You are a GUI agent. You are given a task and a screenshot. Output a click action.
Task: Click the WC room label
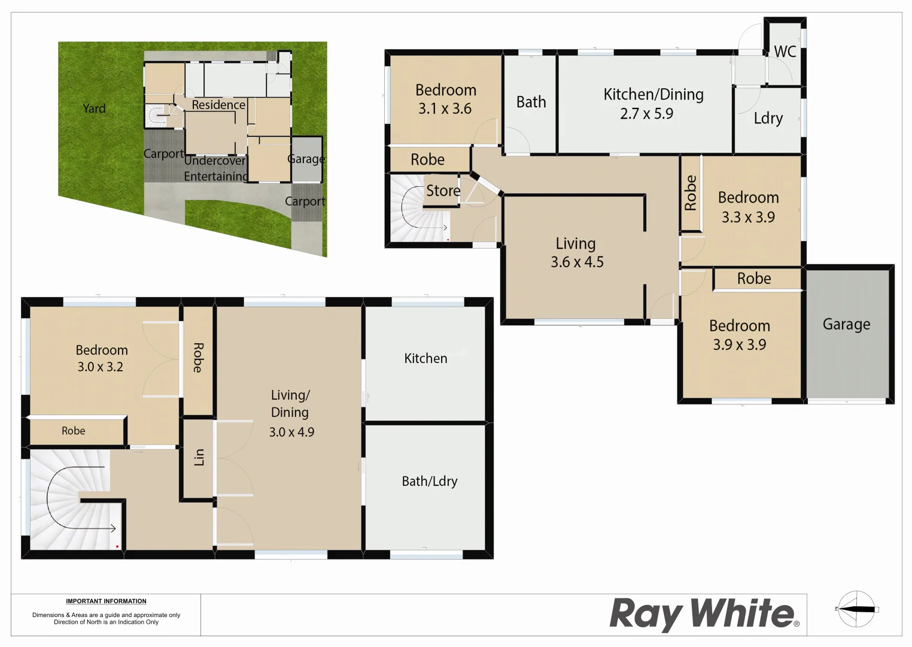tap(785, 52)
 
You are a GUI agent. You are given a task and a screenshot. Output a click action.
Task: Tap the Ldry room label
tap(768, 118)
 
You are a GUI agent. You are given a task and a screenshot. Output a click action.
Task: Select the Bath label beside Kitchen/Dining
tap(531, 102)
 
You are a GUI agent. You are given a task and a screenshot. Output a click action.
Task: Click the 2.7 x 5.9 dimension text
tap(646, 114)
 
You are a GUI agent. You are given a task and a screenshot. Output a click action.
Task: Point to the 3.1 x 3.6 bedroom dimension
tap(445, 109)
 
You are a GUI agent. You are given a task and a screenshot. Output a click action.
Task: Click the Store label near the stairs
tap(443, 191)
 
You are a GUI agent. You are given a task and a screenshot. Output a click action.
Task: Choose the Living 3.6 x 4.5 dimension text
tap(577, 262)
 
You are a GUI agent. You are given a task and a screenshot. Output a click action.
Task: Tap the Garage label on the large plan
tap(846, 324)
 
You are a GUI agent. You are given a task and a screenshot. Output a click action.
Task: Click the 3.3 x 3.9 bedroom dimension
tap(748, 217)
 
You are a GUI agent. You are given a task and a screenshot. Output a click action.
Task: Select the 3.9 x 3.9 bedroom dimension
tap(740, 344)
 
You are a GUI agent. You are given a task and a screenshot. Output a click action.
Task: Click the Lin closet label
tap(199, 457)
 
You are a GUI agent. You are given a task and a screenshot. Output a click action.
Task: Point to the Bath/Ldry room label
tap(430, 481)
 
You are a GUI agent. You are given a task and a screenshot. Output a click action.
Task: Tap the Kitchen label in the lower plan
tap(425, 358)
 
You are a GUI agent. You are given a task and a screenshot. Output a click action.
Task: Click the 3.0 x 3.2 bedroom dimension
tap(100, 367)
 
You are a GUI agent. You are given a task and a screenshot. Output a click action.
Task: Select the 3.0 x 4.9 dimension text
tap(291, 432)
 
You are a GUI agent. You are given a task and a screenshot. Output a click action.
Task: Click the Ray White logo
tap(704, 613)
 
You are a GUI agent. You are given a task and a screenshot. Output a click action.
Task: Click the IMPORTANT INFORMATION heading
tap(106, 601)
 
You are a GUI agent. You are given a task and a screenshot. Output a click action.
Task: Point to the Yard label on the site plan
tap(94, 108)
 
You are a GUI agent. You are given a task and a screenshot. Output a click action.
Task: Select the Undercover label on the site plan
tap(215, 161)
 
